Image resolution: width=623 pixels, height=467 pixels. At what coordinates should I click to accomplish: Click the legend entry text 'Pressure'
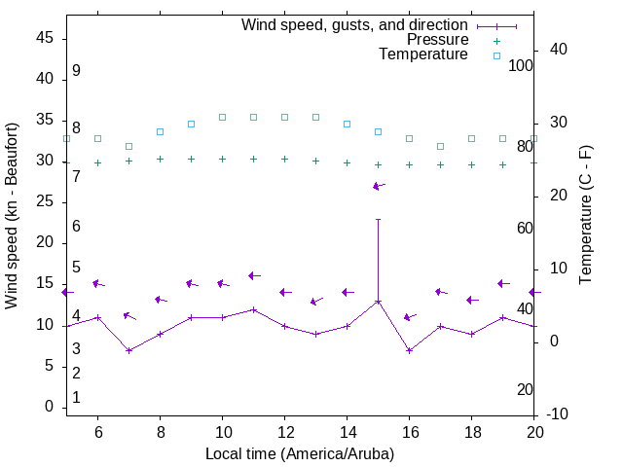[438, 40]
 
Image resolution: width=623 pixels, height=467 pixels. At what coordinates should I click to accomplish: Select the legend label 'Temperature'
[423, 54]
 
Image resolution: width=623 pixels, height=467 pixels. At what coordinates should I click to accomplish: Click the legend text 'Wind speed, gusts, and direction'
[355, 25]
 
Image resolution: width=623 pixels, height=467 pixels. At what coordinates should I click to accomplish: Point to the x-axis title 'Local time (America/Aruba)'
[300, 453]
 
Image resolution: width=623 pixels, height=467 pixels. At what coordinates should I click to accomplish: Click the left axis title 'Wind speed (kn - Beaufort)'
[12, 216]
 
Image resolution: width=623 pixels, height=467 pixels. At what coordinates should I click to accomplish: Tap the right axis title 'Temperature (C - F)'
[585, 216]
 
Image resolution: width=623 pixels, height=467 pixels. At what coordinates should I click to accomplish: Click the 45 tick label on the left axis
[45, 37]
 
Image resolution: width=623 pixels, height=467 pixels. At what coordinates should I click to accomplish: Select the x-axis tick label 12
[284, 432]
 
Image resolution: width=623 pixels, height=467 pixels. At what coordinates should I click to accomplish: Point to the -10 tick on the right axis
[559, 414]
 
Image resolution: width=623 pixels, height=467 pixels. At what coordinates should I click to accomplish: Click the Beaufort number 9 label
[76, 71]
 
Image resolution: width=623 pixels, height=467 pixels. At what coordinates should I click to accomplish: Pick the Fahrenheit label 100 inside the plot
[521, 65]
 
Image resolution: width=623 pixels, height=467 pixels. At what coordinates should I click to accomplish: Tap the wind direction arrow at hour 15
[379, 186]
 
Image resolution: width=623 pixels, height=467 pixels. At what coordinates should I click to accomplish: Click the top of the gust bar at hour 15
[378, 219]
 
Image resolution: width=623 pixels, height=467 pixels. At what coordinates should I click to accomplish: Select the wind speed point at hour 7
[128, 350]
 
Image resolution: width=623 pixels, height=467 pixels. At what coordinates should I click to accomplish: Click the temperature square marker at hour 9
[191, 124]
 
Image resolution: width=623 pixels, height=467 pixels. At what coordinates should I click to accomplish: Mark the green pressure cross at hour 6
[97, 162]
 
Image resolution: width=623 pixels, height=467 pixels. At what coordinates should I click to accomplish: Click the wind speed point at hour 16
[409, 350]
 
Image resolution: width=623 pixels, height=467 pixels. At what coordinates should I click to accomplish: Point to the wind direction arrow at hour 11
[254, 275]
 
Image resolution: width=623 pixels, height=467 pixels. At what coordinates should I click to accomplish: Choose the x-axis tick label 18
[471, 432]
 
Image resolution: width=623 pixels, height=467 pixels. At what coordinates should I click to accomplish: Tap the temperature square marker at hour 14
[347, 124]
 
